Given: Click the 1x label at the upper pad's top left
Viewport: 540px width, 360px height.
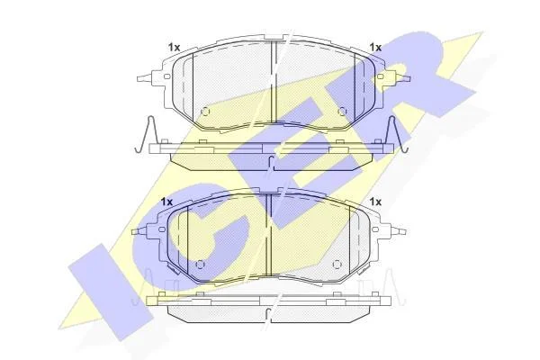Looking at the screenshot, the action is (175, 48).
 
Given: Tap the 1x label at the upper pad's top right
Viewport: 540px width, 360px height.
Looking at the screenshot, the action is (375, 48).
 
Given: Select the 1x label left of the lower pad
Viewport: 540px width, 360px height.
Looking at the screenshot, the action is (166, 202).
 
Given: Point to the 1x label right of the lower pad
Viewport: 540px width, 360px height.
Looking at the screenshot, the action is (375, 202).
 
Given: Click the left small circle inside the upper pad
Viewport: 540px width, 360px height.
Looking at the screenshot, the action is (205, 112).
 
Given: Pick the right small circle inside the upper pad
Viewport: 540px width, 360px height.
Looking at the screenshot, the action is (342, 112).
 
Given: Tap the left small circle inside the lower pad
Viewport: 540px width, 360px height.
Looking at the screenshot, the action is (200, 265).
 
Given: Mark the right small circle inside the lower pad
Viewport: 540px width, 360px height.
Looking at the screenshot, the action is (337, 265).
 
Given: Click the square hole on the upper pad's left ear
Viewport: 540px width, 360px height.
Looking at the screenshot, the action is (166, 76).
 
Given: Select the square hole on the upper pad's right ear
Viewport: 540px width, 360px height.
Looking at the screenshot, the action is (380, 76).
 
